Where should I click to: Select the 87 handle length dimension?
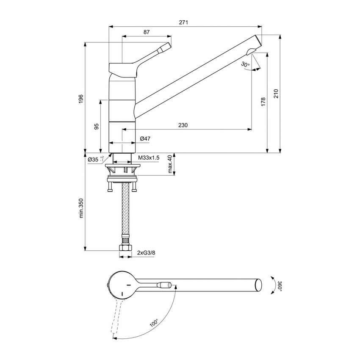(x=146, y=32)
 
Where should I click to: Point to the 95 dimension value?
(x=97, y=126)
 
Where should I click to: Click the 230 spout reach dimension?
(x=183, y=125)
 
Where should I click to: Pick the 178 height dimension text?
(x=263, y=102)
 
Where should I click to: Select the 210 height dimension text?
(x=276, y=94)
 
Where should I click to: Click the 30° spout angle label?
(x=245, y=64)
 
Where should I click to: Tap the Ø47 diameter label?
(x=145, y=138)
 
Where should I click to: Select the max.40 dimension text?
(x=170, y=164)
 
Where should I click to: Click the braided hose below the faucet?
(x=125, y=210)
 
